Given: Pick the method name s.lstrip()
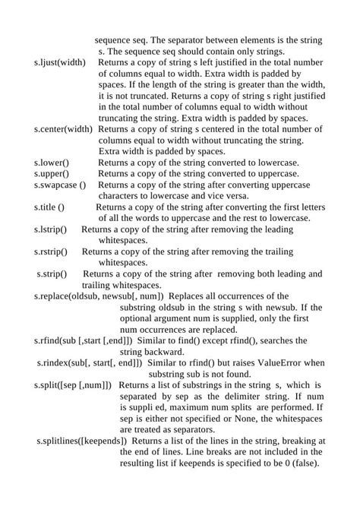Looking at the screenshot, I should pos(51,229).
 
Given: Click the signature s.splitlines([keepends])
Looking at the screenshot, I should pos(84,441).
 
